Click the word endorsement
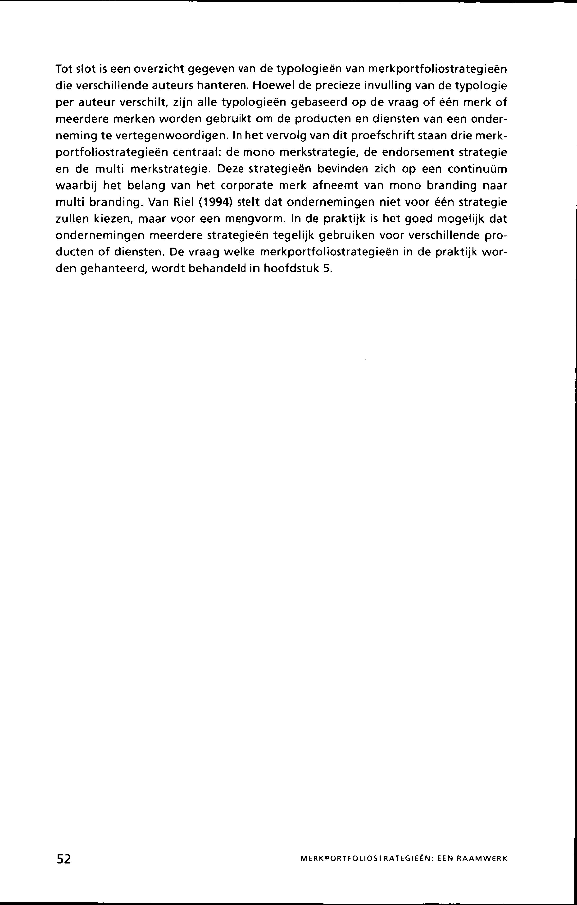[x=413, y=152]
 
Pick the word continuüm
[x=477, y=169]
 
